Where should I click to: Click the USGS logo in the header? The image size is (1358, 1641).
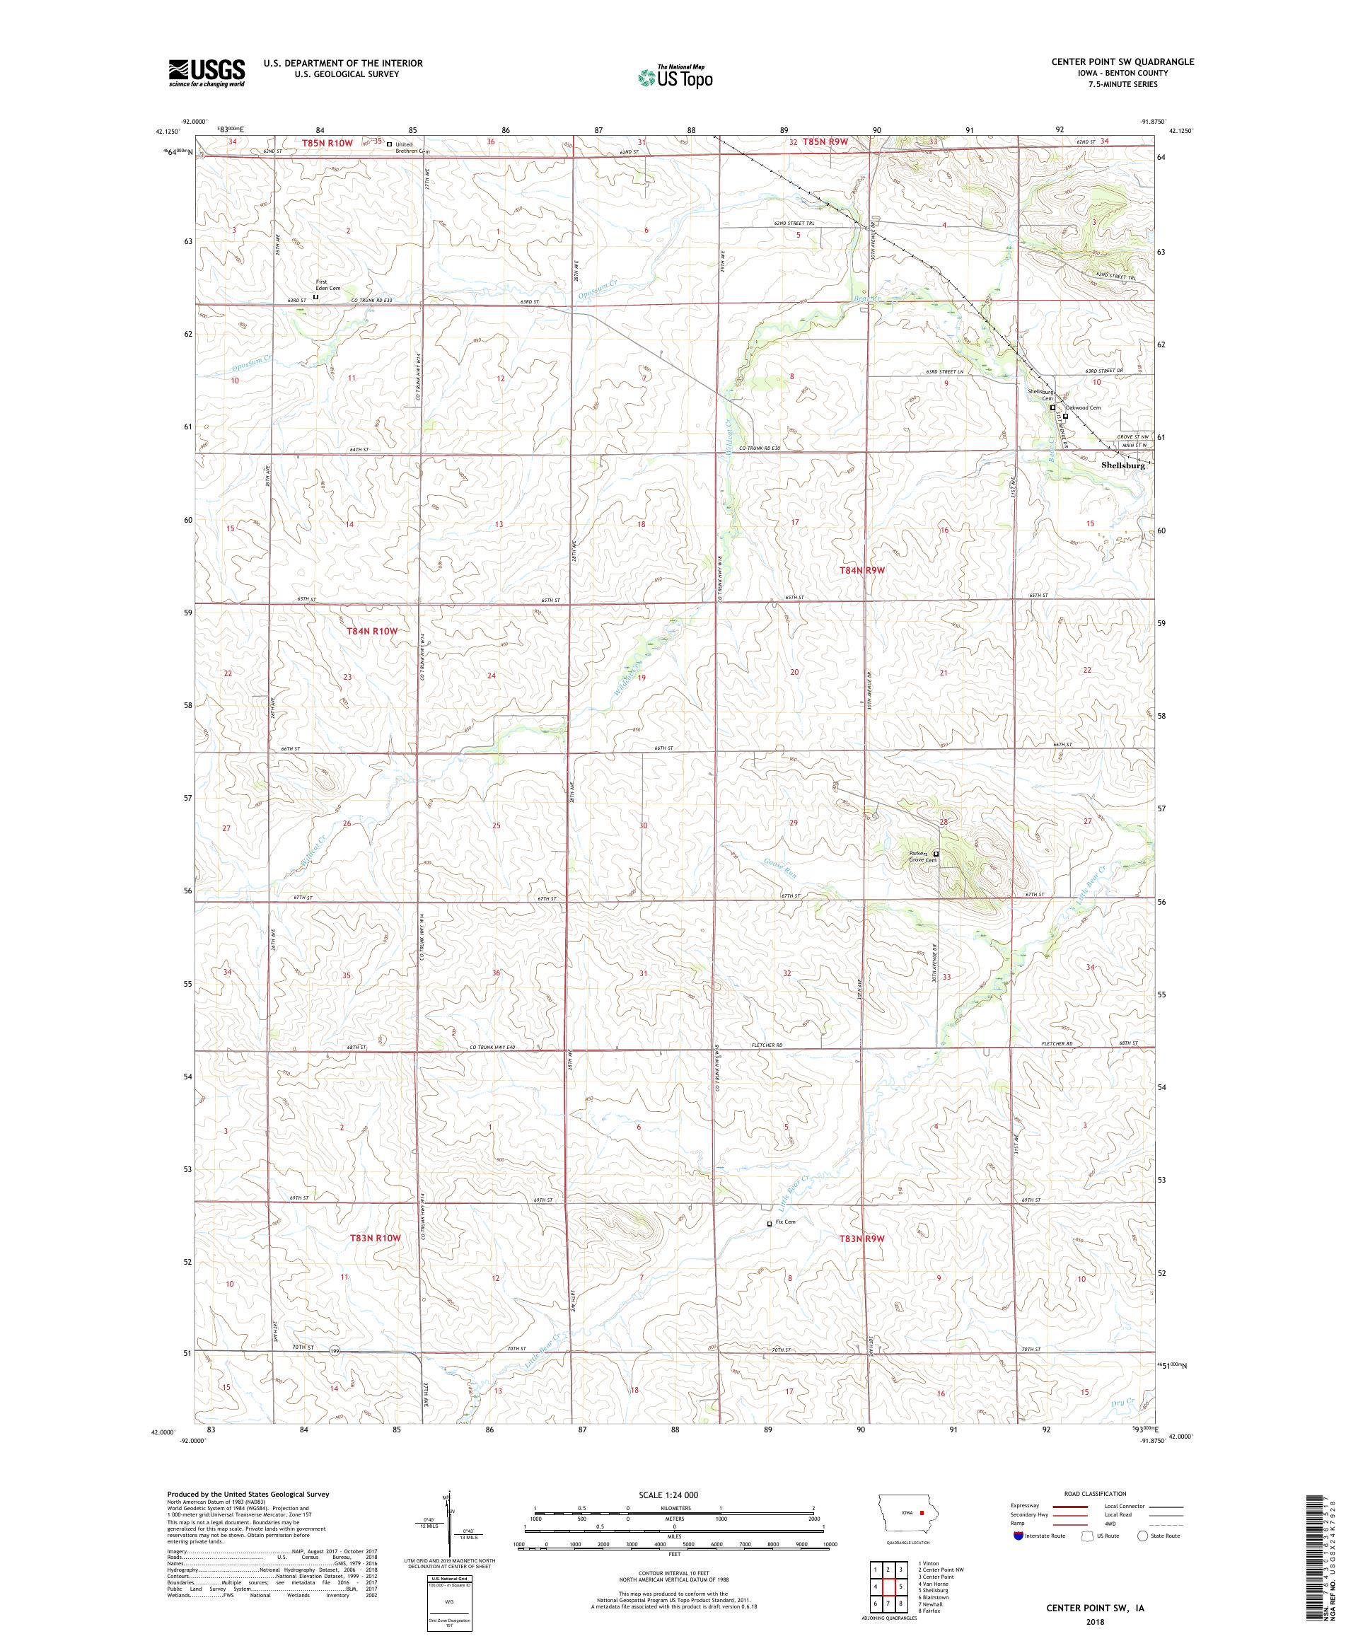[x=207, y=73]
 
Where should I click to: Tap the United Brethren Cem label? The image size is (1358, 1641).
[x=412, y=146]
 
